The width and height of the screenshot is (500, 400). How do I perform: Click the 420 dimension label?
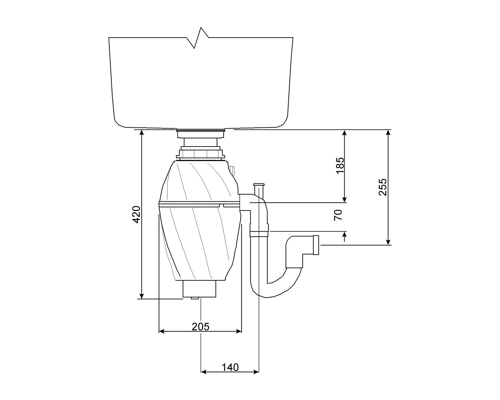(x=137, y=214)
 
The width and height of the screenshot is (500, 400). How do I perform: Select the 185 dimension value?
(x=340, y=165)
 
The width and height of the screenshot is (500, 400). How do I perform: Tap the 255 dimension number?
(x=382, y=187)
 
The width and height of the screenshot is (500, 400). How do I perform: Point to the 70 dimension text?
(x=338, y=215)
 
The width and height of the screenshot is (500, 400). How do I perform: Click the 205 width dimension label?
(x=201, y=327)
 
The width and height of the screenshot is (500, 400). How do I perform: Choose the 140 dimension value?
(x=230, y=367)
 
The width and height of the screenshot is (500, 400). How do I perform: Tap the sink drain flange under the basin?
(x=201, y=133)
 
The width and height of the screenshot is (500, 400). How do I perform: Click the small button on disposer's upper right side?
(x=232, y=170)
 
